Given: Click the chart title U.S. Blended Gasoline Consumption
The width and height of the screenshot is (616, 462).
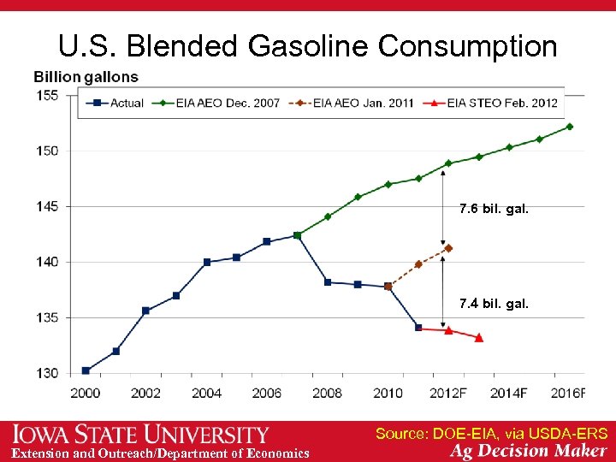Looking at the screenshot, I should click(x=307, y=46).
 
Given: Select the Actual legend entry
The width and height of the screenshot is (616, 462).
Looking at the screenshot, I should click(x=118, y=104).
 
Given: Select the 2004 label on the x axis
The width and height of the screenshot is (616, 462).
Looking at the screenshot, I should click(x=206, y=393).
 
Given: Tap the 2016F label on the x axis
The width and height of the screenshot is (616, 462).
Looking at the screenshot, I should click(x=569, y=393).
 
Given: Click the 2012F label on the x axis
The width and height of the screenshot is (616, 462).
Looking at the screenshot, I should click(x=448, y=393).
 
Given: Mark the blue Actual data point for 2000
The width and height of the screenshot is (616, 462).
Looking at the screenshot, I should click(x=86, y=370).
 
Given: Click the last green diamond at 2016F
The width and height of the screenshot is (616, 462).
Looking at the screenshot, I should click(x=569, y=127).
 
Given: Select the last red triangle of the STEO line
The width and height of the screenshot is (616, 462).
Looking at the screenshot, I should click(x=478, y=338).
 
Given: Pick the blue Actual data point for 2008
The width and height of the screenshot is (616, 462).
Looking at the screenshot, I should click(x=328, y=281).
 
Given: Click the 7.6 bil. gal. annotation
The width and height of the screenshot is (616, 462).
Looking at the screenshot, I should click(x=494, y=209).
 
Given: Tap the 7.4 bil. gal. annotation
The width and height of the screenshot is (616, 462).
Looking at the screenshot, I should click(x=494, y=303).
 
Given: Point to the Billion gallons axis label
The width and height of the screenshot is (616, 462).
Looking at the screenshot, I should click(x=86, y=77).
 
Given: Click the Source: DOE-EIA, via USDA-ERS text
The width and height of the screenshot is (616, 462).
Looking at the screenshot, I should click(x=491, y=434).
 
